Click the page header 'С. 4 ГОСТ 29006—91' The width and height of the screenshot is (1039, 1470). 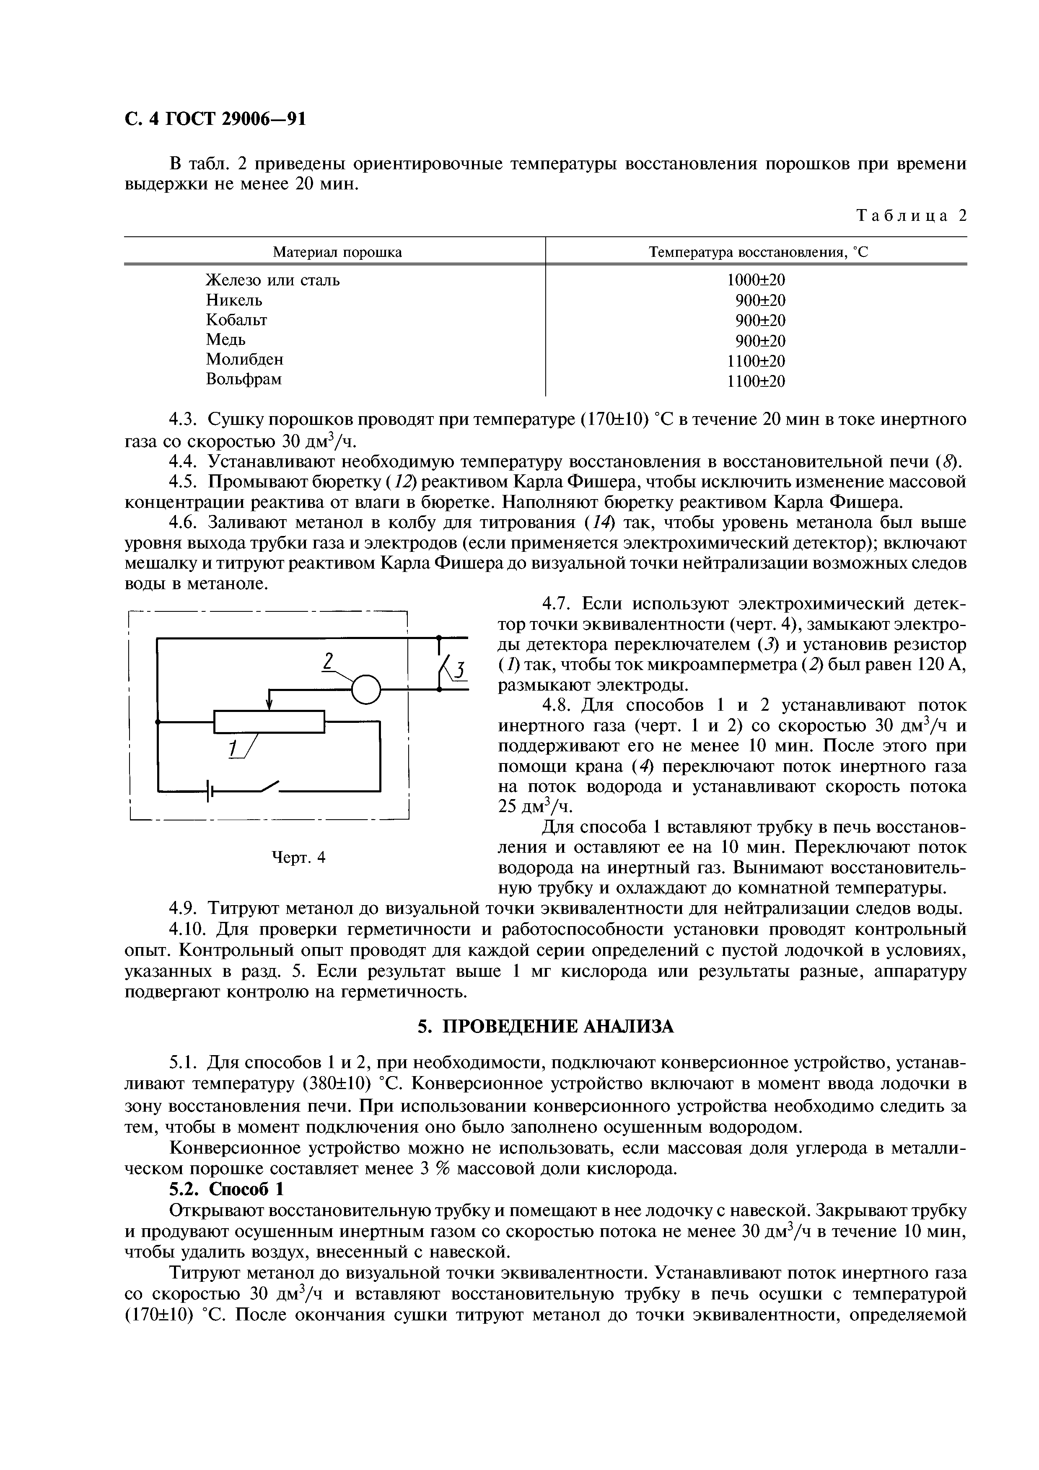[215, 119]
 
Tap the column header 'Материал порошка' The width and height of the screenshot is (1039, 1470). [337, 252]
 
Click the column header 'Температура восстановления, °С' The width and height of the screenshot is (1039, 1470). [758, 252]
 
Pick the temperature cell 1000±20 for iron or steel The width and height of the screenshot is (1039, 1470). [756, 280]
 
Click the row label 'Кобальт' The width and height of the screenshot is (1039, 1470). [236, 319]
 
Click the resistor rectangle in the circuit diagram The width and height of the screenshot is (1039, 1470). [269, 722]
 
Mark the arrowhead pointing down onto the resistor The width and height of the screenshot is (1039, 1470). [269, 704]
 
